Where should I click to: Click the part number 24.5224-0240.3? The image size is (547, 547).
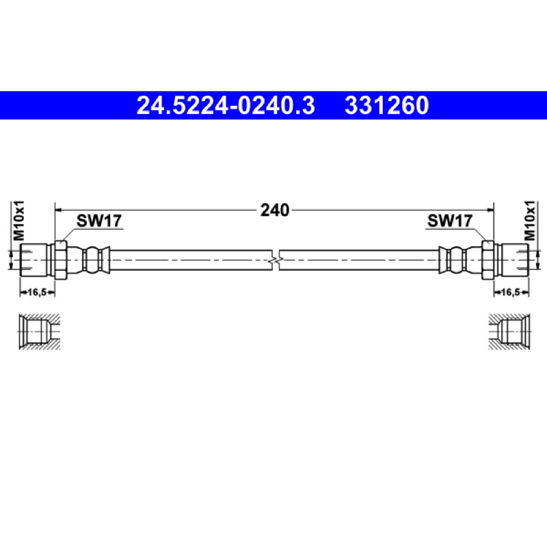[x=226, y=105]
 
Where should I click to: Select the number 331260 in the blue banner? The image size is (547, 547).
[x=386, y=105]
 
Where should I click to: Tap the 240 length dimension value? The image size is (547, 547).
[x=275, y=210]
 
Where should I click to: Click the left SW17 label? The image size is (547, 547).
[x=99, y=220]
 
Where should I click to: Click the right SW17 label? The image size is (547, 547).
[x=450, y=220]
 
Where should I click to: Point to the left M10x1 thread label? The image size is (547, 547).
[x=19, y=220]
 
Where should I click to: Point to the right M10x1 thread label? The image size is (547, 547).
[x=529, y=220]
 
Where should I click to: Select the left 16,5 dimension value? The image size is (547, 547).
[x=37, y=292]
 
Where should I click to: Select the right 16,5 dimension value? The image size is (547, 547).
[x=511, y=292]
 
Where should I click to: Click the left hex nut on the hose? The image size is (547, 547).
[x=61, y=260]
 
